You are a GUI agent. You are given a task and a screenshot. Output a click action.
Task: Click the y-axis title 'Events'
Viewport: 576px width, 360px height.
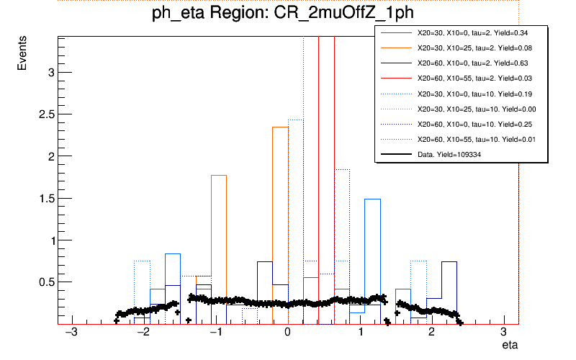pos(23,54)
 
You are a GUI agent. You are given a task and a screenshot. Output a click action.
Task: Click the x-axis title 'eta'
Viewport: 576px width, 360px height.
pos(510,346)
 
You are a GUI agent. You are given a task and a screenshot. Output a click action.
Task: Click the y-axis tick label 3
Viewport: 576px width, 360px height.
pos(50,72)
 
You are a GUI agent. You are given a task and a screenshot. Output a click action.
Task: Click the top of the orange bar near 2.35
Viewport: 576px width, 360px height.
pos(280,127)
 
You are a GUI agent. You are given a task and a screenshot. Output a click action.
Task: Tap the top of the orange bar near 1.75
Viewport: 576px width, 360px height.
pos(219,176)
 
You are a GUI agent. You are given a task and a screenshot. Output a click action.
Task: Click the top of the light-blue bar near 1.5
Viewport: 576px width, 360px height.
pos(372,199)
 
